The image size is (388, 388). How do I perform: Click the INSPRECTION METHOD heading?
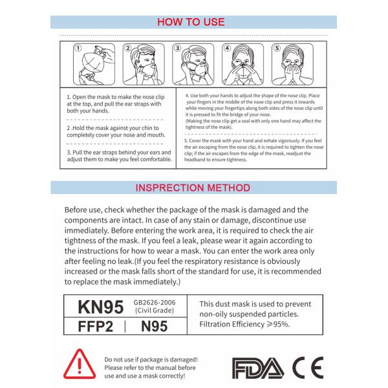tap(193, 188)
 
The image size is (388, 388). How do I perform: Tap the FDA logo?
tap(257, 367)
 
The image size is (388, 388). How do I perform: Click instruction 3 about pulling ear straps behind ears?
tap(119, 156)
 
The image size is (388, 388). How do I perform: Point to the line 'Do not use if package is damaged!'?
tap(151, 359)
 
